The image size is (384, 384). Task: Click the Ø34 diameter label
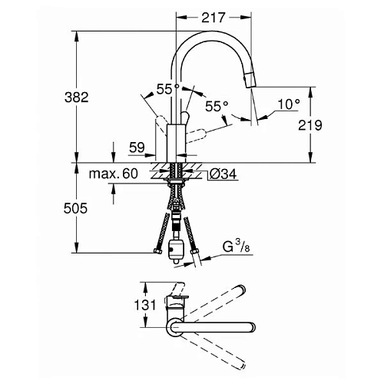[223, 175]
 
